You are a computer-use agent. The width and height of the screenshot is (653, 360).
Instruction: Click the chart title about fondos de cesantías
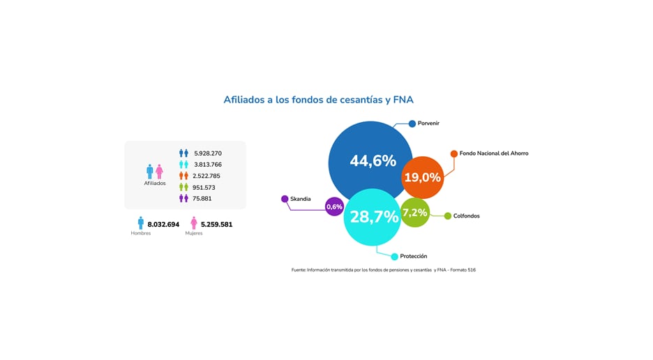click(323, 100)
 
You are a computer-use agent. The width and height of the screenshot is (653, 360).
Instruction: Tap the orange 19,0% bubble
click(423, 177)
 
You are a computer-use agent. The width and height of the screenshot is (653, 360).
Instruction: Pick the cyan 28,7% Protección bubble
click(373, 217)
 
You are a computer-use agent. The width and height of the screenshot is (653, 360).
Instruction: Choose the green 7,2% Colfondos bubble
click(415, 212)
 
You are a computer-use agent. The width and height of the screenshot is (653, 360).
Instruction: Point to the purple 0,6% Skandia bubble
click(335, 207)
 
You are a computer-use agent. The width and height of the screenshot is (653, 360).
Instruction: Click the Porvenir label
click(428, 123)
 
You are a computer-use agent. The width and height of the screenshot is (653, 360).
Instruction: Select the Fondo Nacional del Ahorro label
click(494, 153)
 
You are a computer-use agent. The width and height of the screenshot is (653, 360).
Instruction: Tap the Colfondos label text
click(466, 216)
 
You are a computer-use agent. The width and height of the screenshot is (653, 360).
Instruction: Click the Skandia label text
click(301, 199)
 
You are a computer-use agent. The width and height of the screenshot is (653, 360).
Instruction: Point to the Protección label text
click(414, 256)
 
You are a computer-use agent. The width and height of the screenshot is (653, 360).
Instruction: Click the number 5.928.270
click(208, 153)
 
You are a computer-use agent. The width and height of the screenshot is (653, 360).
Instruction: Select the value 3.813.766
click(208, 165)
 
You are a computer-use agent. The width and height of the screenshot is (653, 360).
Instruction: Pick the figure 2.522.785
click(207, 176)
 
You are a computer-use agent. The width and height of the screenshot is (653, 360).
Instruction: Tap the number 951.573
click(204, 187)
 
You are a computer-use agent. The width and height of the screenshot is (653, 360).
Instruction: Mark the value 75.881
click(202, 198)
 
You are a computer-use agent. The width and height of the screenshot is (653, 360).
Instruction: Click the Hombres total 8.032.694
click(163, 225)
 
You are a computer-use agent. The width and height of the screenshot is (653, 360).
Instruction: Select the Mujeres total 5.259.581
click(216, 225)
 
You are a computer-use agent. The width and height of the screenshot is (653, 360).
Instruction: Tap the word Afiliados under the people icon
click(155, 183)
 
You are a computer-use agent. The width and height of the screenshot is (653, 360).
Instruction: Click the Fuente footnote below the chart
click(383, 269)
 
